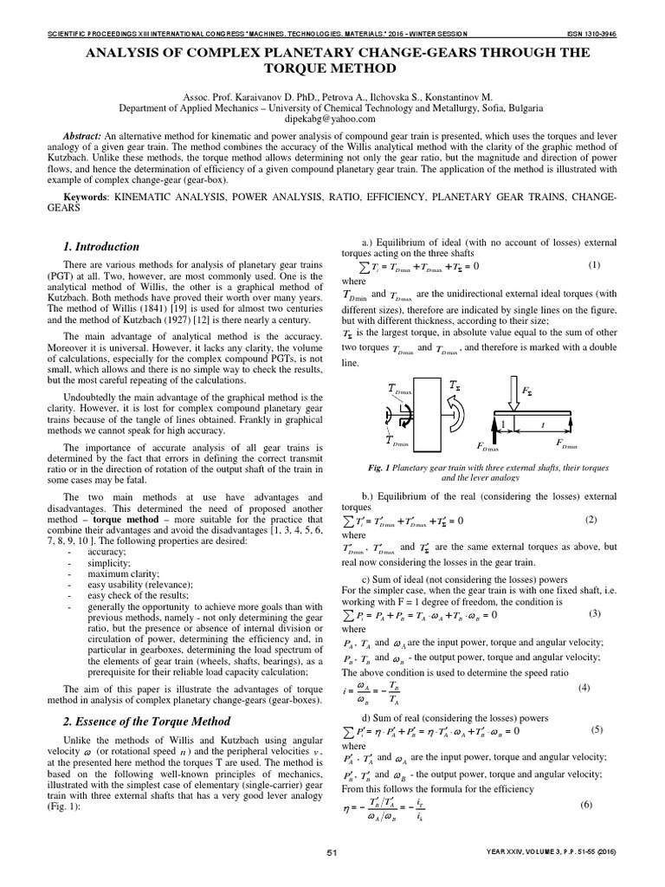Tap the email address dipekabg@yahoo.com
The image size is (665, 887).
(x=332, y=122)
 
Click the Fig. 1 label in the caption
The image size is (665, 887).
(x=382, y=467)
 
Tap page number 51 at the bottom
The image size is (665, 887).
(x=332, y=877)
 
